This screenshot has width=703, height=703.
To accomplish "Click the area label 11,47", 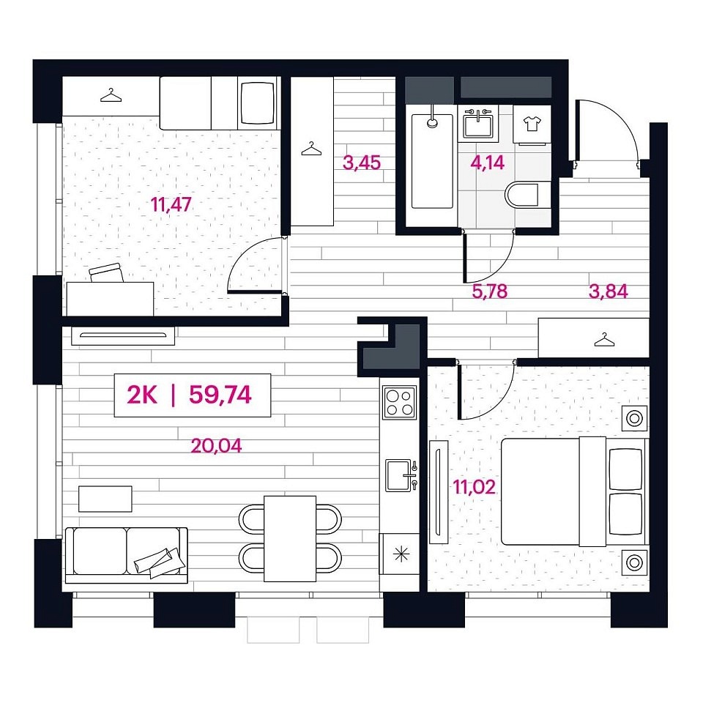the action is (x=171, y=204).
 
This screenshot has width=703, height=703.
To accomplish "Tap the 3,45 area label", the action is (x=362, y=163).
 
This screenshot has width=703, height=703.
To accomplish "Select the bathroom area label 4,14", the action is (x=488, y=163).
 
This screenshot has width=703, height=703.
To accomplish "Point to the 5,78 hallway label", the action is (x=490, y=291).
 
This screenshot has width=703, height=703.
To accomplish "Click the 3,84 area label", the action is (x=608, y=291).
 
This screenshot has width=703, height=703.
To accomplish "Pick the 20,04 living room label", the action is (x=216, y=446).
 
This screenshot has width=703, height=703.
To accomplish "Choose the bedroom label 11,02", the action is (x=475, y=487).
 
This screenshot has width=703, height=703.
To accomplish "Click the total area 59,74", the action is (x=220, y=395).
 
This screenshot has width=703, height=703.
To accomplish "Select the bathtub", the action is (x=432, y=161).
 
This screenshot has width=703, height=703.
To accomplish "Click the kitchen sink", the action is (x=401, y=475).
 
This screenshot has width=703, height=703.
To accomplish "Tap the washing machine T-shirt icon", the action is (x=532, y=123).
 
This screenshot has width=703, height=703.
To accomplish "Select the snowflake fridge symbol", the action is (x=401, y=554).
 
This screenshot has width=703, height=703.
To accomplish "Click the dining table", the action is (x=290, y=538).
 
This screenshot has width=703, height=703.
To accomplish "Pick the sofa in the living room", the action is (x=127, y=555).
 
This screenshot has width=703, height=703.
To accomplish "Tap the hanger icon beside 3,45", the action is (x=312, y=149).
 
